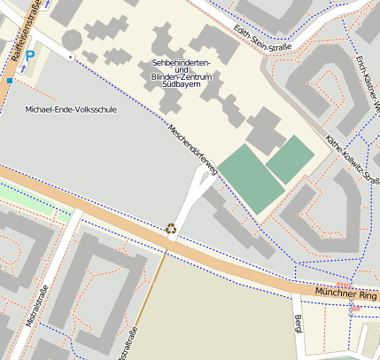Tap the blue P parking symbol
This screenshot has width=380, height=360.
[x=30, y=56]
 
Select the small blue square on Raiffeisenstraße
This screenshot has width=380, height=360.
[x=10, y=81]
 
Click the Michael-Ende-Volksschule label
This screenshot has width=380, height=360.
[x=71, y=109]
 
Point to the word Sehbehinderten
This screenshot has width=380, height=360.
[x=181, y=63]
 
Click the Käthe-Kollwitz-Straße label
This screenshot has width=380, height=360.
[x=353, y=160]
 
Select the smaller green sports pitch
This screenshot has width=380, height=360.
[x=291, y=159]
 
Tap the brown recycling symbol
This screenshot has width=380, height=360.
[x=171, y=228]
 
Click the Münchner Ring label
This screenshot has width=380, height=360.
[x=346, y=293]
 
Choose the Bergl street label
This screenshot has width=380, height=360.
[x=299, y=323]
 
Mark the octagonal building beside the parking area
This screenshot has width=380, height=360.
[x=72, y=40]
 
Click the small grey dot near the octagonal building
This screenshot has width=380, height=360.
[x=70, y=57]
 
